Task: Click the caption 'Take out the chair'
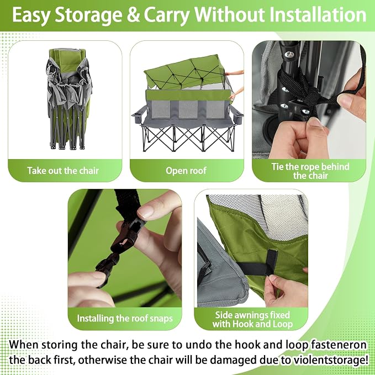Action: (63, 171)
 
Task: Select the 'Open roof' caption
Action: (186, 171)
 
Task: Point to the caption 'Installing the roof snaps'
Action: (125, 318)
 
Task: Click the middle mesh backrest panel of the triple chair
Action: (188, 109)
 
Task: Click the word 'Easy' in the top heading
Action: (31, 15)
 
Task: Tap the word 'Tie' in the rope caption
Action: (277, 167)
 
